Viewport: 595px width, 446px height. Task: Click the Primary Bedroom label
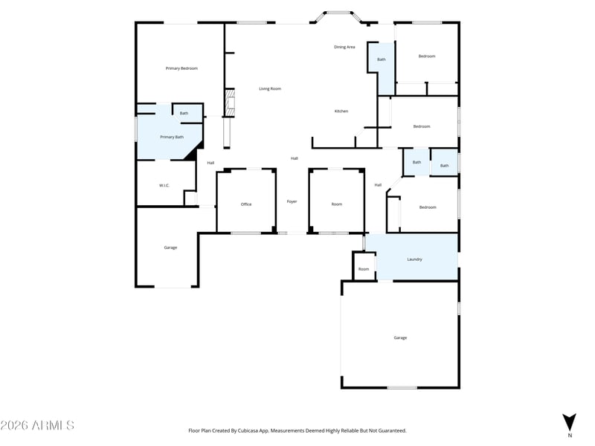coord(181,68)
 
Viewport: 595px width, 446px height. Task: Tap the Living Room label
coord(270,88)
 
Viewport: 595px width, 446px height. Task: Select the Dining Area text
coord(344,47)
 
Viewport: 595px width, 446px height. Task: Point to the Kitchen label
coord(341,111)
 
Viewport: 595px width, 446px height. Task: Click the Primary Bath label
coord(172,137)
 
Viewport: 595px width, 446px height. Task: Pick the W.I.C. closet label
coord(164,185)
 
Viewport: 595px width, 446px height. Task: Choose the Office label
coord(246,204)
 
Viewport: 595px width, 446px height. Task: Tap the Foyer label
coord(292,201)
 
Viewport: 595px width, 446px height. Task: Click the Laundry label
coord(414,259)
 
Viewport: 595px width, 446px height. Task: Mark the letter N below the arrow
coord(570,436)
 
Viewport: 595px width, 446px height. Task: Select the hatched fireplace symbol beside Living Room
coord(230,103)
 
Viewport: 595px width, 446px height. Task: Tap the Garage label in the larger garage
coord(400,337)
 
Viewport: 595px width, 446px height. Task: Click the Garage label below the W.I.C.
coord(170,248)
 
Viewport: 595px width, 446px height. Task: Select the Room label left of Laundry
coord(364,269)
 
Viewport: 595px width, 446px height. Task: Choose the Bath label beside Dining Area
coord(382,59)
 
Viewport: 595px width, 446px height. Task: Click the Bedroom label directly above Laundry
coord(428,207)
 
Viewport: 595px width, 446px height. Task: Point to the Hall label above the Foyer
coord(294,158)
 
